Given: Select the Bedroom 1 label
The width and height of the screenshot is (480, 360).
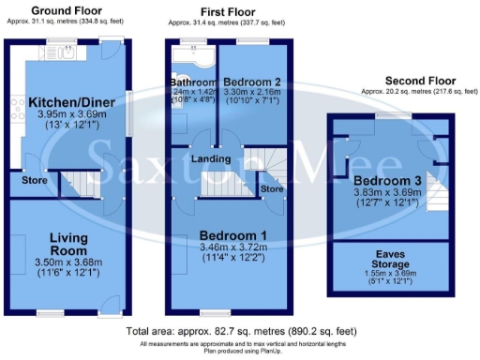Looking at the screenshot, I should [227, 235].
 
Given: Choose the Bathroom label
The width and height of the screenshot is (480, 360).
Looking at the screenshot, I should [193, 82].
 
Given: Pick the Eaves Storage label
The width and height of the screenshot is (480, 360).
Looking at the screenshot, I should [384, 258].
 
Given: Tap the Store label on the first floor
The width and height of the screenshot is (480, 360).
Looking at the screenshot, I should [273, 189].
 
